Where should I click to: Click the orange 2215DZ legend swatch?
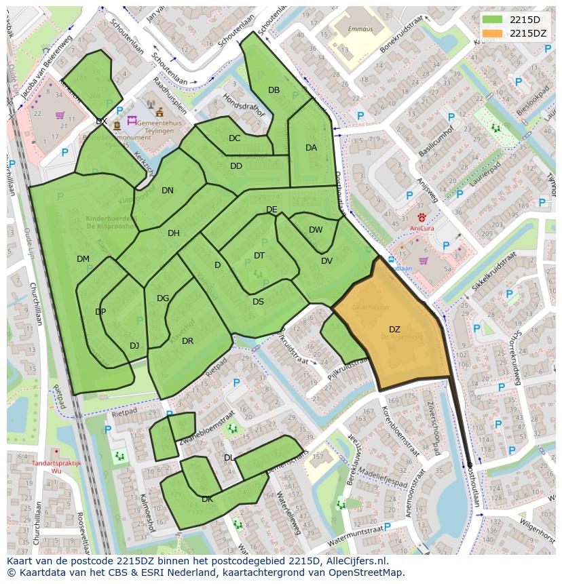coord(493,33)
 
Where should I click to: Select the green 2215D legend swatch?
coord(493,20)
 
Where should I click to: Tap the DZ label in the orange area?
coord(394,330)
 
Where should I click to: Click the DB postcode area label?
coord(274,90)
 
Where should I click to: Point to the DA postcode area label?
coord(311,148)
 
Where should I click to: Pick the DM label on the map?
coord(83,259)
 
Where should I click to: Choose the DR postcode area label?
coord(188,341)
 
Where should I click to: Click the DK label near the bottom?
coord(208,499)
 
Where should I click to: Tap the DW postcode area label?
coord(316,230)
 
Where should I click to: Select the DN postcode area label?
coord(168,191)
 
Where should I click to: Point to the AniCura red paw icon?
coord(421,217)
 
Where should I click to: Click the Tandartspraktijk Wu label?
coord(56,467)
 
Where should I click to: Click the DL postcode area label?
coord(229,458)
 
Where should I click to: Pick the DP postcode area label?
coord(100,312)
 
